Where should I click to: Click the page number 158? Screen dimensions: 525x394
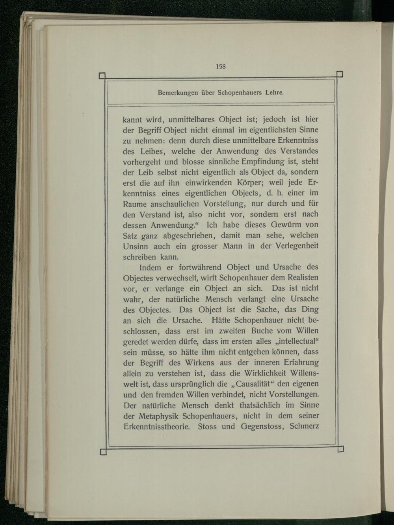coord(220,66)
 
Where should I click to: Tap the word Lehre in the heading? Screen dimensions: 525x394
coord(275,93)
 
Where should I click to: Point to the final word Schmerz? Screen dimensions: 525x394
coord(304,426)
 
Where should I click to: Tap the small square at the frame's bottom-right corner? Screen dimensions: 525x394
coord(341,449)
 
